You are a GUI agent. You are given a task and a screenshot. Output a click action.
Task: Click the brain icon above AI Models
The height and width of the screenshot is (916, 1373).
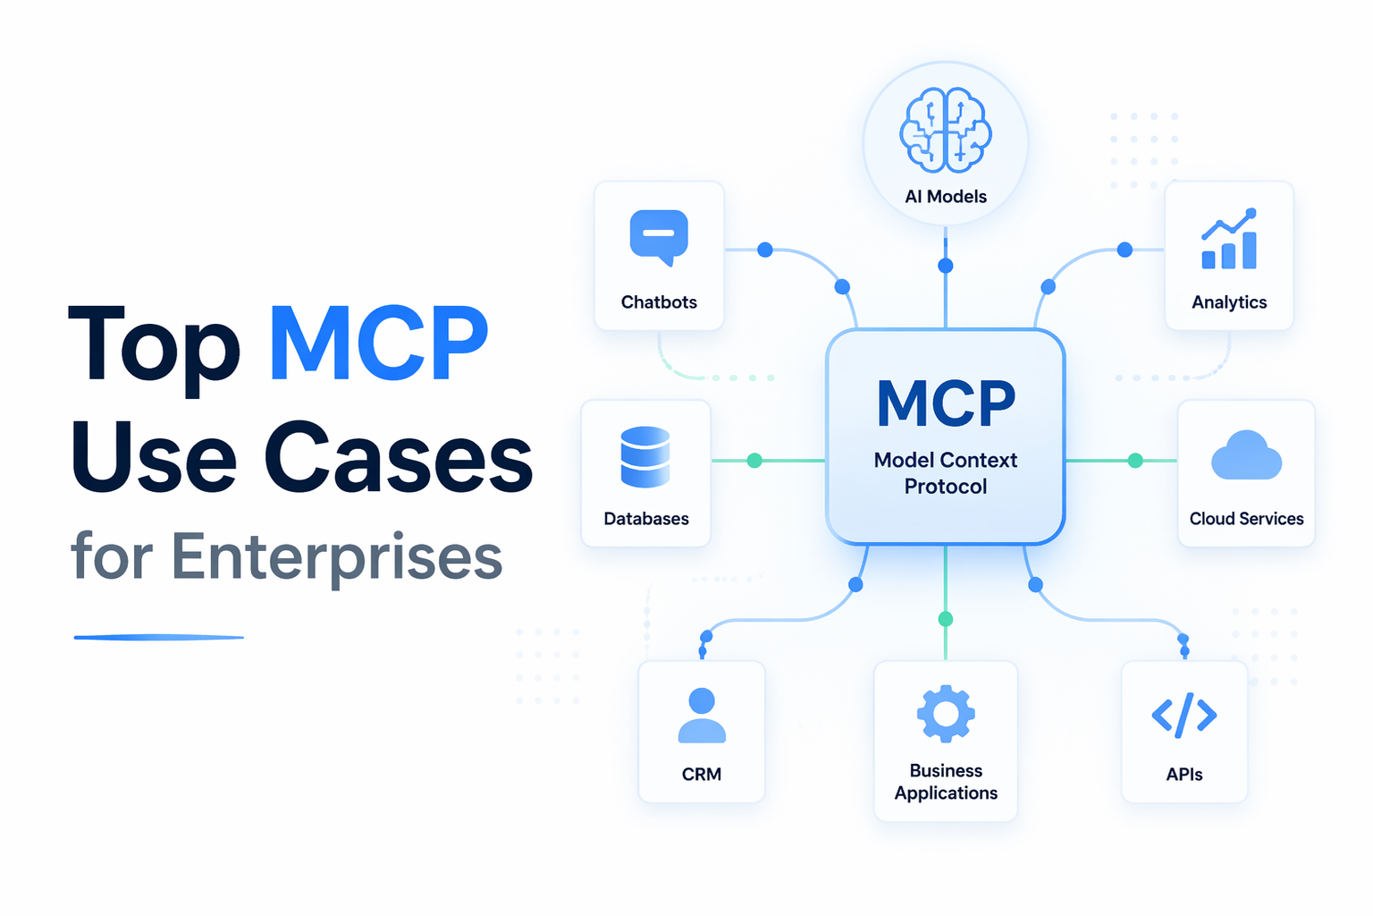946,131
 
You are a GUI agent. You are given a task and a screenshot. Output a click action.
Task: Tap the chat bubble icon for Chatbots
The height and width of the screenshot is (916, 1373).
659,237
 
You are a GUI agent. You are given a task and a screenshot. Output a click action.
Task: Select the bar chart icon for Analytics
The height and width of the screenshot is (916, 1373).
1229,240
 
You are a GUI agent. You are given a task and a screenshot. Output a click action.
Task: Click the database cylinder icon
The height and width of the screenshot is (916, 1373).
645,456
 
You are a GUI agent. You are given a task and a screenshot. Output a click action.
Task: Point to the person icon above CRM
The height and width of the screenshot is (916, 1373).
702,716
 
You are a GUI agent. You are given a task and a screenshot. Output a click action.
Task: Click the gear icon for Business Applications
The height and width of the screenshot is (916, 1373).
946,714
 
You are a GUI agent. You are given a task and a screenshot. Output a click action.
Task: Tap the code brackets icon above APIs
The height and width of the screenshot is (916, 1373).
1184,715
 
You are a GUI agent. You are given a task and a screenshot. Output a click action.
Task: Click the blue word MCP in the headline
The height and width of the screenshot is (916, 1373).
379,345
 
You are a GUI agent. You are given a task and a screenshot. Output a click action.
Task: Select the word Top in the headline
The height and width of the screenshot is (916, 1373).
154,345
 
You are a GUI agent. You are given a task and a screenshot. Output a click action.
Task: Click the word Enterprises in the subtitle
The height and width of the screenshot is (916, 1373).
336,556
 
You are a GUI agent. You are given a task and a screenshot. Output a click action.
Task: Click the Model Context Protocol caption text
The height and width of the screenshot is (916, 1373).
946,473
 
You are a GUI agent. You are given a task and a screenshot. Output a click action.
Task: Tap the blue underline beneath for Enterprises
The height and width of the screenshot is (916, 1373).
159,637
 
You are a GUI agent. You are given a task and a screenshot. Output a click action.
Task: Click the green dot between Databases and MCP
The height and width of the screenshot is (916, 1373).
754,461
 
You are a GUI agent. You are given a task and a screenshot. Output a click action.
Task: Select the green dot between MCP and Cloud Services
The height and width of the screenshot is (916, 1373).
1135,461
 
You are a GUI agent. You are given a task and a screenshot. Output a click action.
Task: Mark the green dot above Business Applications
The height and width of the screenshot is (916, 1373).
946,619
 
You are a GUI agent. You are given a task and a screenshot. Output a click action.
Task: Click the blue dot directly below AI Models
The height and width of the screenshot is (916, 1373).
946,266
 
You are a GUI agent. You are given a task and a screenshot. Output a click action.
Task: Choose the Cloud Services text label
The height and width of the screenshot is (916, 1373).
1246,519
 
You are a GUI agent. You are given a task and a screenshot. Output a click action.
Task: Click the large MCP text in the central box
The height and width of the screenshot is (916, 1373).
946,404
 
